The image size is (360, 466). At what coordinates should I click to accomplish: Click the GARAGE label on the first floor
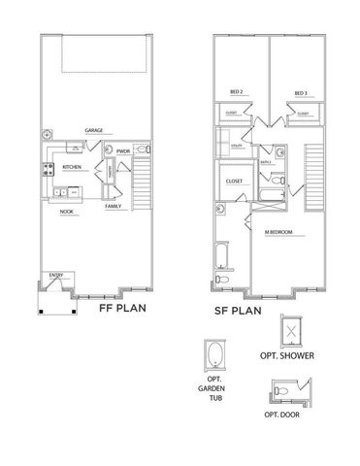click(x=93, y=129)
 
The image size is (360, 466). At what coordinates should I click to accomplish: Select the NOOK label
click(x=67, y=211)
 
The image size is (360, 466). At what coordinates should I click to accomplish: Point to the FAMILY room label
click(x=114, y=207)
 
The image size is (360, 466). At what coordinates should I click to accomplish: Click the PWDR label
click(x=123, y=151)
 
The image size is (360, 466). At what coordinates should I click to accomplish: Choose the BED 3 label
click(x=301, y=94)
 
